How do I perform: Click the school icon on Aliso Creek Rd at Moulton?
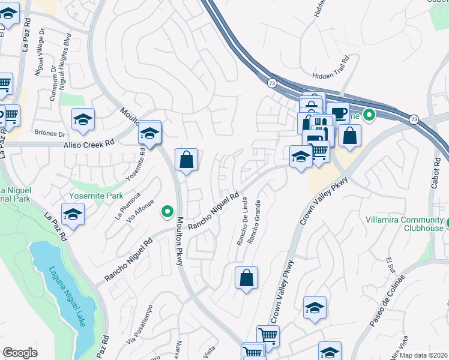pyautogui.click(x=149, y=134)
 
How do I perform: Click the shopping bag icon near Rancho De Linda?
pyautogui.click(x=246, y=278)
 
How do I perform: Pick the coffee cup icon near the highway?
pyautogui.click(x=339, y=112)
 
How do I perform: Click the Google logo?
pyautogui.click(x=20, y=353)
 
